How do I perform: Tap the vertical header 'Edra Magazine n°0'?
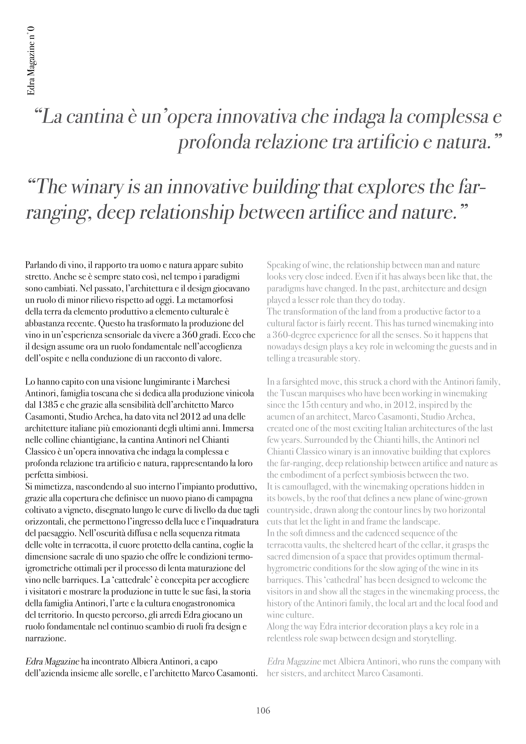pyautogui.click(x=31, y=61)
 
